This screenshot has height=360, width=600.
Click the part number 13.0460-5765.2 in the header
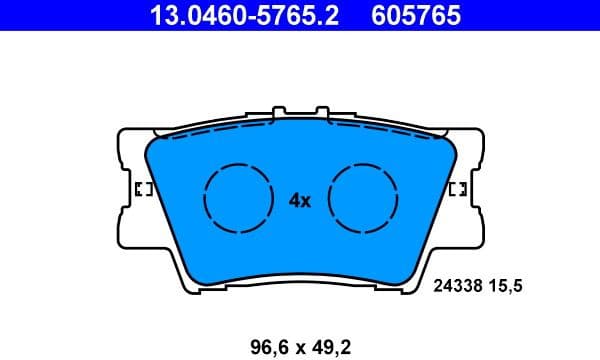pos(232,15)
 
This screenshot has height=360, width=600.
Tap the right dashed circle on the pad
pos(365,198)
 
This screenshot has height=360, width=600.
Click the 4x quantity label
pos(300,200)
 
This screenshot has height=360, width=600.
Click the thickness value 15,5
pos(507,285)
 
